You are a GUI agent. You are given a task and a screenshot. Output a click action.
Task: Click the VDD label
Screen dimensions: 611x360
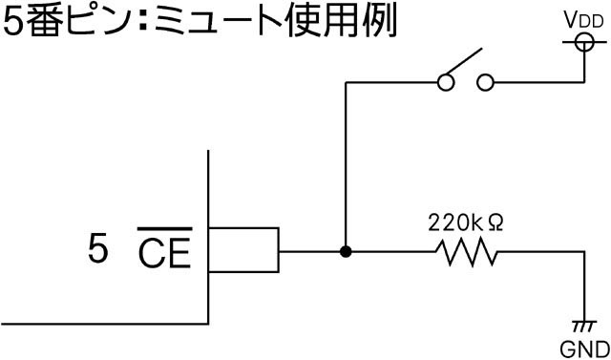point(584,21)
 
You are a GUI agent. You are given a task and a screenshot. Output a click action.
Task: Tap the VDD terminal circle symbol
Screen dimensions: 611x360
point(584,42)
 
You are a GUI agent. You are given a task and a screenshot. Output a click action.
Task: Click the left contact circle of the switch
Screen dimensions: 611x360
point(446,82)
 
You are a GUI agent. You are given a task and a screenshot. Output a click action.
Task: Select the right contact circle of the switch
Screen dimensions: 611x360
point(486,82)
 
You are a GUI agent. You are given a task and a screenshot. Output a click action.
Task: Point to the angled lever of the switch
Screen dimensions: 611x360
point(464,61)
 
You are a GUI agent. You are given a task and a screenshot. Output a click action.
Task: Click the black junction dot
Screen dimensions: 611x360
point(346,252)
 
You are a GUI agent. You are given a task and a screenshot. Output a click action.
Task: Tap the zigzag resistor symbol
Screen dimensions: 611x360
point(467,252)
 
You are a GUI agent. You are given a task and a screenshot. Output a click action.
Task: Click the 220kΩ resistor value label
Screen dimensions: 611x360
point(466,222)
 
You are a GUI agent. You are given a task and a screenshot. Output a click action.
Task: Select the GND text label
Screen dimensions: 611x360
point(584,349)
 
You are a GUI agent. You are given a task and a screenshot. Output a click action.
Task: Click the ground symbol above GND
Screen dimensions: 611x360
point(584,327)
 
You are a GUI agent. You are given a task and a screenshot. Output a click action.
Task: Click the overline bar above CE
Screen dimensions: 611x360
point(164,229)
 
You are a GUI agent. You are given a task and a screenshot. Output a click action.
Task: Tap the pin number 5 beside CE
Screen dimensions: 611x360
point(97,249)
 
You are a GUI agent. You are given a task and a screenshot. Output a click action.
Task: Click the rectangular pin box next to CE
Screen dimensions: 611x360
point(243,249)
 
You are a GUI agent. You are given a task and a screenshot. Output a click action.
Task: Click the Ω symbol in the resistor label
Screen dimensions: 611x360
point(494,223)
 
